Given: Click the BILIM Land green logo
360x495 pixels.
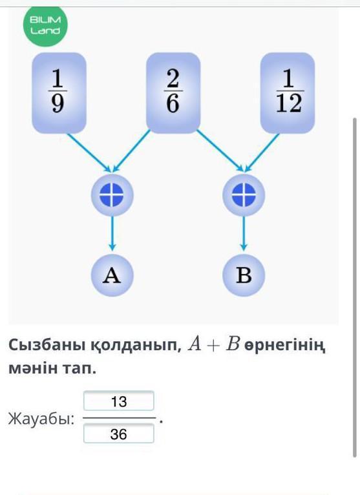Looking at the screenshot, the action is (x=45, y=25).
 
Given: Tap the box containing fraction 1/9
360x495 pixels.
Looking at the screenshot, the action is (x=59, y=93).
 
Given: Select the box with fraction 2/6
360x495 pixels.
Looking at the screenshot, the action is (x=173, y=93).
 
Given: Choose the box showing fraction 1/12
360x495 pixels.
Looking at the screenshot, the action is (x=288, y=93).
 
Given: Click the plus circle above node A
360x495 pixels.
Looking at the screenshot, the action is (x=112, y=195).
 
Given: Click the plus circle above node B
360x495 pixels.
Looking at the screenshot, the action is (x=244, y=195).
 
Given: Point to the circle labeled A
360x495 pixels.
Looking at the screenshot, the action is (x=112, y=275).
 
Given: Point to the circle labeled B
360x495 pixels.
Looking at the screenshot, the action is (x=244, y=275).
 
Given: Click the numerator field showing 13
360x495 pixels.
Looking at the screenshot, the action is (x=119, y=401).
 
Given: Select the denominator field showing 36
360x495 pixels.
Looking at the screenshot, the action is (x=119, y=434).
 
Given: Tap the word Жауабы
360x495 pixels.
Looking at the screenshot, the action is (x=41, y=419).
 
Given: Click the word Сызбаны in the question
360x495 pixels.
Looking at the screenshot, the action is (x=47, y=345).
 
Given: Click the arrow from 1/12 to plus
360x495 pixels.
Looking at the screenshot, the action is (x=262, y=153).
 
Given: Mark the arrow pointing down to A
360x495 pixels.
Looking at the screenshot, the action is (x=112, y=234).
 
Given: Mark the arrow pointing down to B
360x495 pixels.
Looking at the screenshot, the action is (x=244, y=234).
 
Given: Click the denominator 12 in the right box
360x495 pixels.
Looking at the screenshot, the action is (x=289, y=103).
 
